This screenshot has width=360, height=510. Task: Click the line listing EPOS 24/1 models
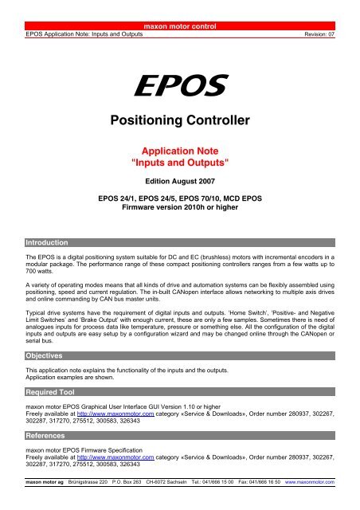coord(180,195)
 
